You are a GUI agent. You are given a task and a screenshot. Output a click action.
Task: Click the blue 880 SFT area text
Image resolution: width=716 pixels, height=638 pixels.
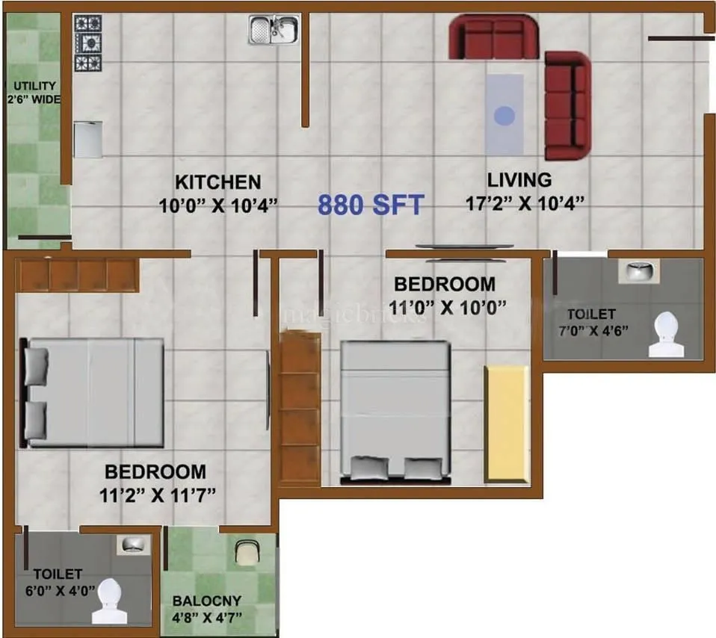pyautogui.click(x=371, y=205)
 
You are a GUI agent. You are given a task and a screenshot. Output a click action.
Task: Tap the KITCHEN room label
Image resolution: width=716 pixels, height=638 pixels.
pyautogui.click(x=217, y=182)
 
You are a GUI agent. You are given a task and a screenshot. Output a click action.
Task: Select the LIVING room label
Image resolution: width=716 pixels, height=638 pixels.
pyautogui.click(x=519, y=180)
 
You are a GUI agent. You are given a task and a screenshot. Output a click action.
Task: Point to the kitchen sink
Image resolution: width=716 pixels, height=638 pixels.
pyautogui.click(x=274, y=30)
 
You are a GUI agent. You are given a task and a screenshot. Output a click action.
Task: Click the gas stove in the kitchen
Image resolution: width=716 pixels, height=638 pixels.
pyautogui.click(x=87, y=43)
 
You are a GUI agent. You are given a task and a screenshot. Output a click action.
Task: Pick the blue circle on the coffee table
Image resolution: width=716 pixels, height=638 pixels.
pyautogui.click(x=505, y=116)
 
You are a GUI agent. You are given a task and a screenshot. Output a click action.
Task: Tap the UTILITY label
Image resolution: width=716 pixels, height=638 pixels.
pyautogui.click(x=33, y=86)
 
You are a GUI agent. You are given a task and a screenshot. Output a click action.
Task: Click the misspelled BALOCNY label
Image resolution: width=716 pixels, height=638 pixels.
pyautogui.click(x=207, y=601)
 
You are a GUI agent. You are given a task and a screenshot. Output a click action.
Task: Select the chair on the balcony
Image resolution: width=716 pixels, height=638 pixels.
pyautogui.click(x=247, y=552)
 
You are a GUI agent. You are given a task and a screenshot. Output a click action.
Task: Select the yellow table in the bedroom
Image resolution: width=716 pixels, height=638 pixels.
pyautogui.click(x=507, y=424)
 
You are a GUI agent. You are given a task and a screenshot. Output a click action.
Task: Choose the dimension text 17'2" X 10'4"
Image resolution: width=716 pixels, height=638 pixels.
pyautogui.click(x=525, y=202)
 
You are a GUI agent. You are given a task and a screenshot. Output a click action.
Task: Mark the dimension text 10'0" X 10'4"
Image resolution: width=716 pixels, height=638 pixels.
pyautogui.click(x=217, y=204)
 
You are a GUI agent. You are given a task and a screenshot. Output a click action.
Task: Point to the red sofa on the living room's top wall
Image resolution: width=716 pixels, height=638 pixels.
pyautogui.click(x=493, y=39)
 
